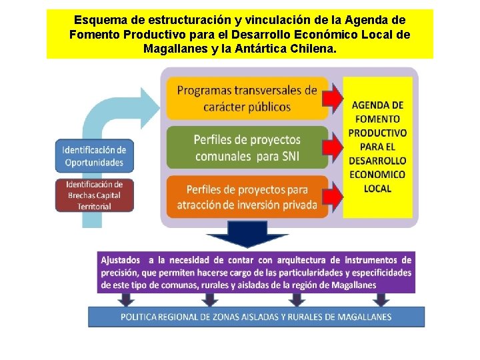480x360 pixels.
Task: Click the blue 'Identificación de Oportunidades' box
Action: pyautogui.click(x=94, y=155)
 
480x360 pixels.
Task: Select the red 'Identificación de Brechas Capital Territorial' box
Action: pyautogui.click(x=94, y=195)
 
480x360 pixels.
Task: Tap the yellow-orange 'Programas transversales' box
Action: pyautogui.click(x=247, y=98)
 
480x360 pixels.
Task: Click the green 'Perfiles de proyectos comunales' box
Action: pyautogui.click(x=247, y=147)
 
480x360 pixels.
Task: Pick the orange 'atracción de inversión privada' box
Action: pyautogui.click(x=247, y=197)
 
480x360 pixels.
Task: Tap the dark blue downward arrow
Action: pyautogui.click(x=238, y=240)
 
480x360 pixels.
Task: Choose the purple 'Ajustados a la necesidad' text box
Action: pyautogui.click(x=256, y=272)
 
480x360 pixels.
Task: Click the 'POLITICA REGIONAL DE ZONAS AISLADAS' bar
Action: pyautogui.click(x=256, y=317)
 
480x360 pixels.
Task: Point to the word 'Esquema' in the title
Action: pyautogui.click(x=97, y=20)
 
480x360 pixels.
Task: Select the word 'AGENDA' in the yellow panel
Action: pyautogui.click(x=377, y=105)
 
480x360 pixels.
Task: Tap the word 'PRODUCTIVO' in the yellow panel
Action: pyautogui.click(x=377, y=133)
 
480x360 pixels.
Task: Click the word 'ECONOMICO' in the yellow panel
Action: pyautogui.click(x=377, y=175)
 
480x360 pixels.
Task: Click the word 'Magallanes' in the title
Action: pyautogui.click(x=173, y=49)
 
